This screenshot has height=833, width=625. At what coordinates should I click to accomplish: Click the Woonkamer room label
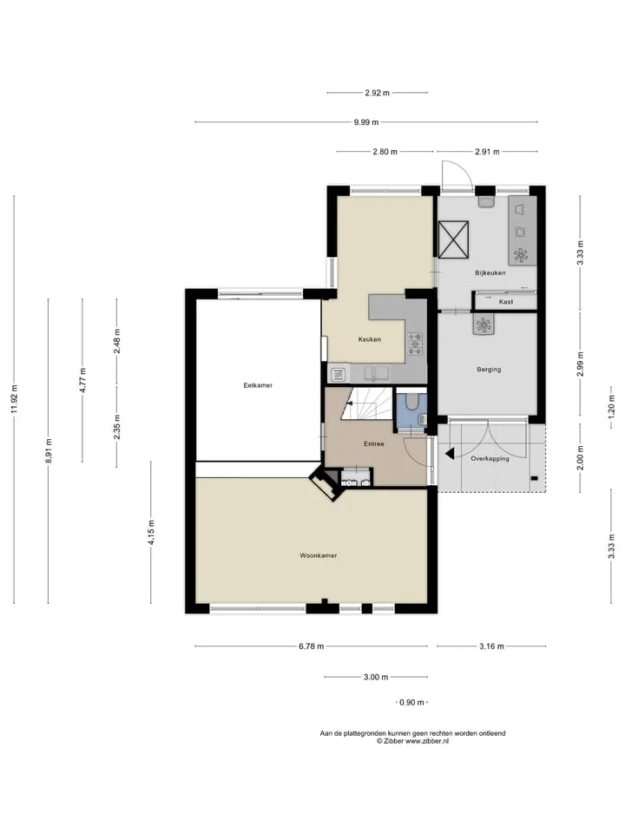coord(319,555)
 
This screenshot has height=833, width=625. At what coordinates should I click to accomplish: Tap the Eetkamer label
coord(258,385)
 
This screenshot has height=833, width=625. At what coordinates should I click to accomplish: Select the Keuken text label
coord(370,339)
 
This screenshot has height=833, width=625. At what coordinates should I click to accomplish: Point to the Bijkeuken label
coord(490,273)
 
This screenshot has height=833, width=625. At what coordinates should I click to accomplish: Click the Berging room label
coord(489,370)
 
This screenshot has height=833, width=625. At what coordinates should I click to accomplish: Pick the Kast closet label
coord(506,302)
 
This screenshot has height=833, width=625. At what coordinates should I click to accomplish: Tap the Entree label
coord(373,443)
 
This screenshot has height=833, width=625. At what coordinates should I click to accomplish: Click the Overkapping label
coord(490,458)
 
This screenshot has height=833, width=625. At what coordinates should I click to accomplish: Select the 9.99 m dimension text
coord(366,122)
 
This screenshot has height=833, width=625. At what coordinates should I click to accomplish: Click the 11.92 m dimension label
coord(14,398)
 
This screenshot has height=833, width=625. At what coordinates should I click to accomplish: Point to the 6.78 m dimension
coord(311,646)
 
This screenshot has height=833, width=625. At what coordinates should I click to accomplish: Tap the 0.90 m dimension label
coord(411,702)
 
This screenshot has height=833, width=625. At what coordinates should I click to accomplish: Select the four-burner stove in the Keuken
coord(415,344)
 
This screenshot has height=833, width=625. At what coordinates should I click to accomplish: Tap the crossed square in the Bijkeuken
coord(453,239)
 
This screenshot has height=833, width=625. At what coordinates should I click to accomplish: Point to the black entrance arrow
coord(450,454)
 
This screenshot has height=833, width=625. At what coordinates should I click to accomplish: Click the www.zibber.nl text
coord(427,741)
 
